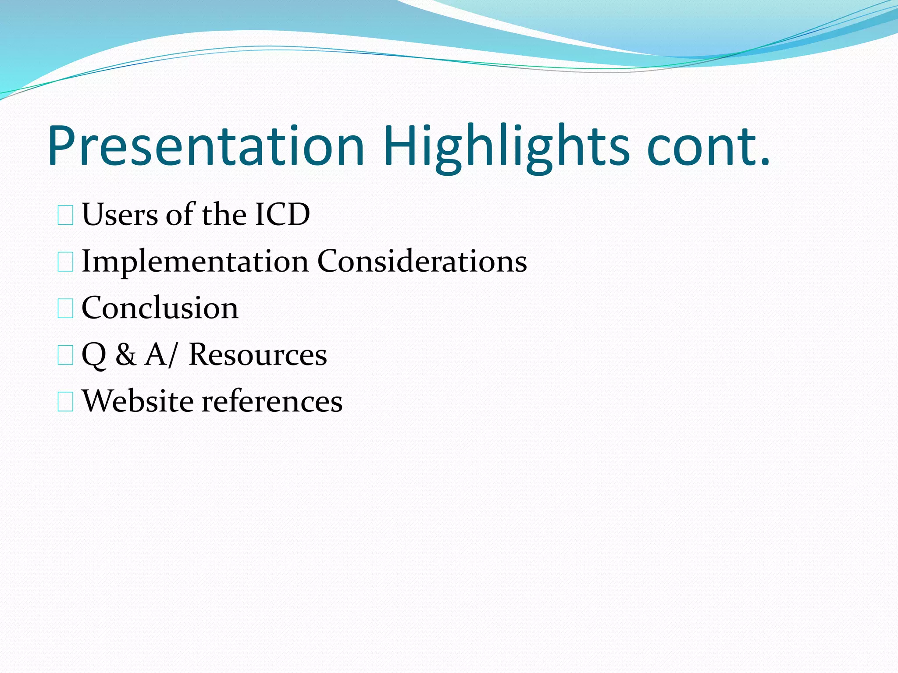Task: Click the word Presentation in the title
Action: [206, 147]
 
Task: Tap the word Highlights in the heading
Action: [506, 147]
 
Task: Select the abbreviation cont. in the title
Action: [708, 147]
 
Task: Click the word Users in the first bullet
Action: [120, 215]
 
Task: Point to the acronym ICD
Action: [282, 215]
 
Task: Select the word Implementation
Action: [195, 262]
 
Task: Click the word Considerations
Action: [422, 262]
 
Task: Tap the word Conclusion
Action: [160, 308]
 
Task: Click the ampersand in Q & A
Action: [126, 354]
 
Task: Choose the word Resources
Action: [258, 354]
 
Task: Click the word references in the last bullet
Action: [272, 401]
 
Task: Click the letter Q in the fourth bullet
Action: [94, 355]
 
